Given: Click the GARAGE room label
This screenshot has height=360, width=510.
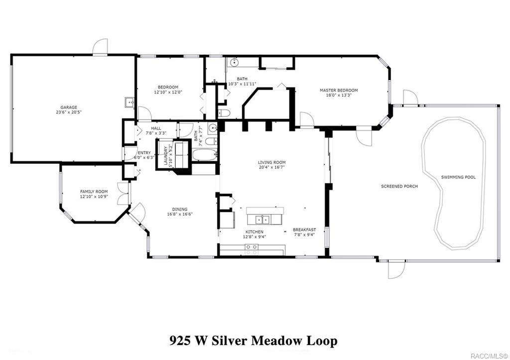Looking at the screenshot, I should [69, 107].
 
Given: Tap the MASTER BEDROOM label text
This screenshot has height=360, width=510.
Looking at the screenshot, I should [339, 90].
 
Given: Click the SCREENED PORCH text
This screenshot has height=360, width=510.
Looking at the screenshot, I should [399, 186].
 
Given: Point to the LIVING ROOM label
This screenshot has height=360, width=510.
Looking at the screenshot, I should [271, 162].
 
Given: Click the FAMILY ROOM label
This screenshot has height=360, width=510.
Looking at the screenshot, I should [94, 191].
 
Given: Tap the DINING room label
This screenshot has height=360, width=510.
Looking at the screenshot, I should [180, 209].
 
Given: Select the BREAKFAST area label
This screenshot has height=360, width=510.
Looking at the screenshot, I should [304, 230].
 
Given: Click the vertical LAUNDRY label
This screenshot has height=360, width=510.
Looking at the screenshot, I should [165, 155].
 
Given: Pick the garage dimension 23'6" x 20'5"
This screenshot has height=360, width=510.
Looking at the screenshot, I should [69, 112].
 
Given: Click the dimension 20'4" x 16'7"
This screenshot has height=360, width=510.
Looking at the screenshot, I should [271, 167].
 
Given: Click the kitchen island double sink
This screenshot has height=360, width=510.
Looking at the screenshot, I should [262, 219].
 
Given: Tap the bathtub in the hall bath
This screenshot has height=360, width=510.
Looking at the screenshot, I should [205, 155].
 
